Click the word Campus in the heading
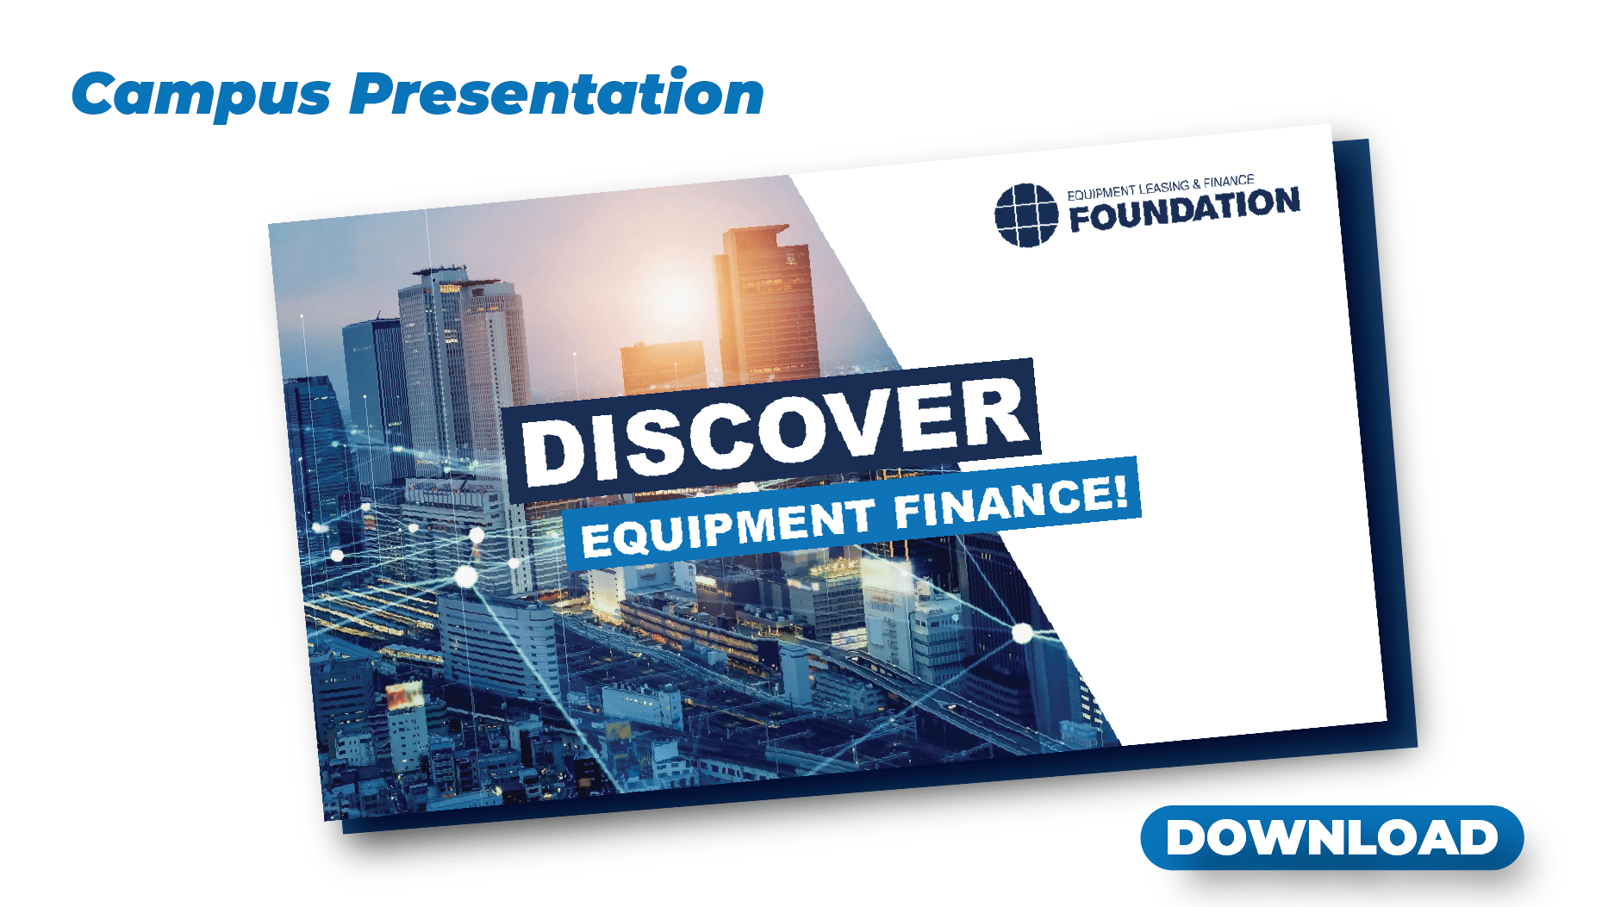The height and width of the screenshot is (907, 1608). (202, 95)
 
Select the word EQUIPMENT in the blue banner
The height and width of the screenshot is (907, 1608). (727, 528)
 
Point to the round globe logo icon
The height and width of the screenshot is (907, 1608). (1025, 215)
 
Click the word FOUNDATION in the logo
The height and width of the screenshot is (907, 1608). (1185, 209)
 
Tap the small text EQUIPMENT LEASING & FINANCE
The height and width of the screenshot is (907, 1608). (1160, 187)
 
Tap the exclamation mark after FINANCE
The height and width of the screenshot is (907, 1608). (1119, 494)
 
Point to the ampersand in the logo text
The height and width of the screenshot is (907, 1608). (1196, 184)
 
